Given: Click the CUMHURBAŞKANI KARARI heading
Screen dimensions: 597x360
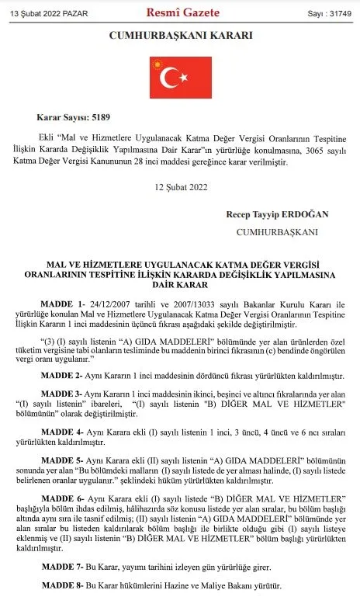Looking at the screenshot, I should tap(180, 36).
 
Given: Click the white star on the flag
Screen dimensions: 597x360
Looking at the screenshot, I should tap(185, 78).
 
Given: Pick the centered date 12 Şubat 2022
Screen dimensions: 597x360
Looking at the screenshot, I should tap(180, 186).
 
